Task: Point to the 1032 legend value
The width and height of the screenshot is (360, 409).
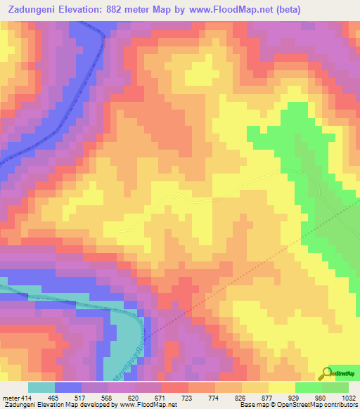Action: point(349,397)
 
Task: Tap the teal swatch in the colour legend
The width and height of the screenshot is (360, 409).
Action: point(41,387)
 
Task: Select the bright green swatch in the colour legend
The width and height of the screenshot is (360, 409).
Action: point(309,387)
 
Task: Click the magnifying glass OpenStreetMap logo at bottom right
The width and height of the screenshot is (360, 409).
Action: point(326,373)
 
